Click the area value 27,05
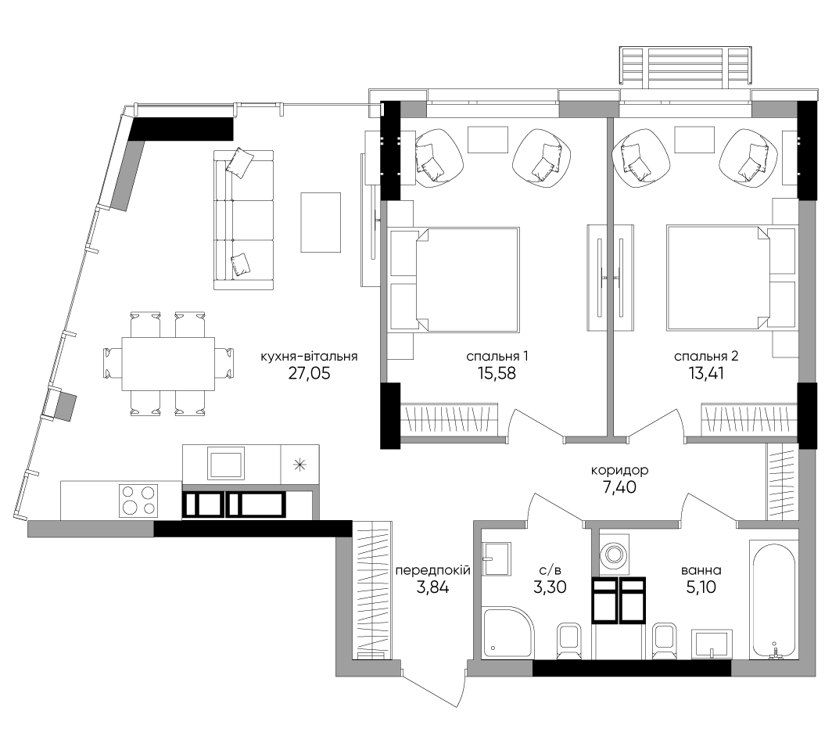(x=309, y=374)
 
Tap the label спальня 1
(x=497, y=357)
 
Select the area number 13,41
(x=705, y=374)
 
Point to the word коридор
(x=620, y=470)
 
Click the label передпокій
(x=433, y=571)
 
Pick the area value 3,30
(x=550, y=587)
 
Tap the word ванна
(x=701, y=571)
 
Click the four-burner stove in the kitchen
(x=138, y=501)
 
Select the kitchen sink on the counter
(x=227, y=464)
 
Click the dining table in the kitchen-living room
(x=168, y=364)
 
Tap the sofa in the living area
(x=243, y=220)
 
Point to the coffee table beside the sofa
(x=321, y=222)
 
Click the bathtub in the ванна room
(x=772, y=600)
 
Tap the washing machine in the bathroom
(x=615, y=555)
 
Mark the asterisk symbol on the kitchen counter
(x=299, y=465)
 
